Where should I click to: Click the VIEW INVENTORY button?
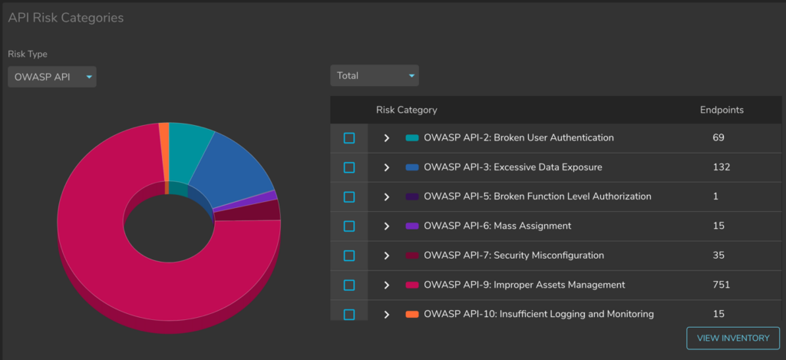point(732,338)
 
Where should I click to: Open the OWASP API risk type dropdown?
point(52,76)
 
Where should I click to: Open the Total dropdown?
point(375,75)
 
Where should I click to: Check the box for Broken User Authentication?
point(349,138)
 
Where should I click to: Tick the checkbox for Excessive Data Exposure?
point(349,167)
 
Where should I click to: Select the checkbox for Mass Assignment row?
point(349,226)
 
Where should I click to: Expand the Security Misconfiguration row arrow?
point(387,256)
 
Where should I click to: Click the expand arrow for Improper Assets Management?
point(387,285)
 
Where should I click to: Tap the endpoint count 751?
point(722,285)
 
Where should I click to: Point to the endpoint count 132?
point(721,167)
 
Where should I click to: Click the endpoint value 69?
point(718,138)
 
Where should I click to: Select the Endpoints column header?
point(722,110)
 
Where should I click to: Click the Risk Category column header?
point(406,110)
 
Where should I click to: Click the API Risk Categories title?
point(65,18)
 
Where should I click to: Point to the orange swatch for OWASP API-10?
point(412,314)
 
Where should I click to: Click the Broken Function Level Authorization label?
point(537,197)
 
